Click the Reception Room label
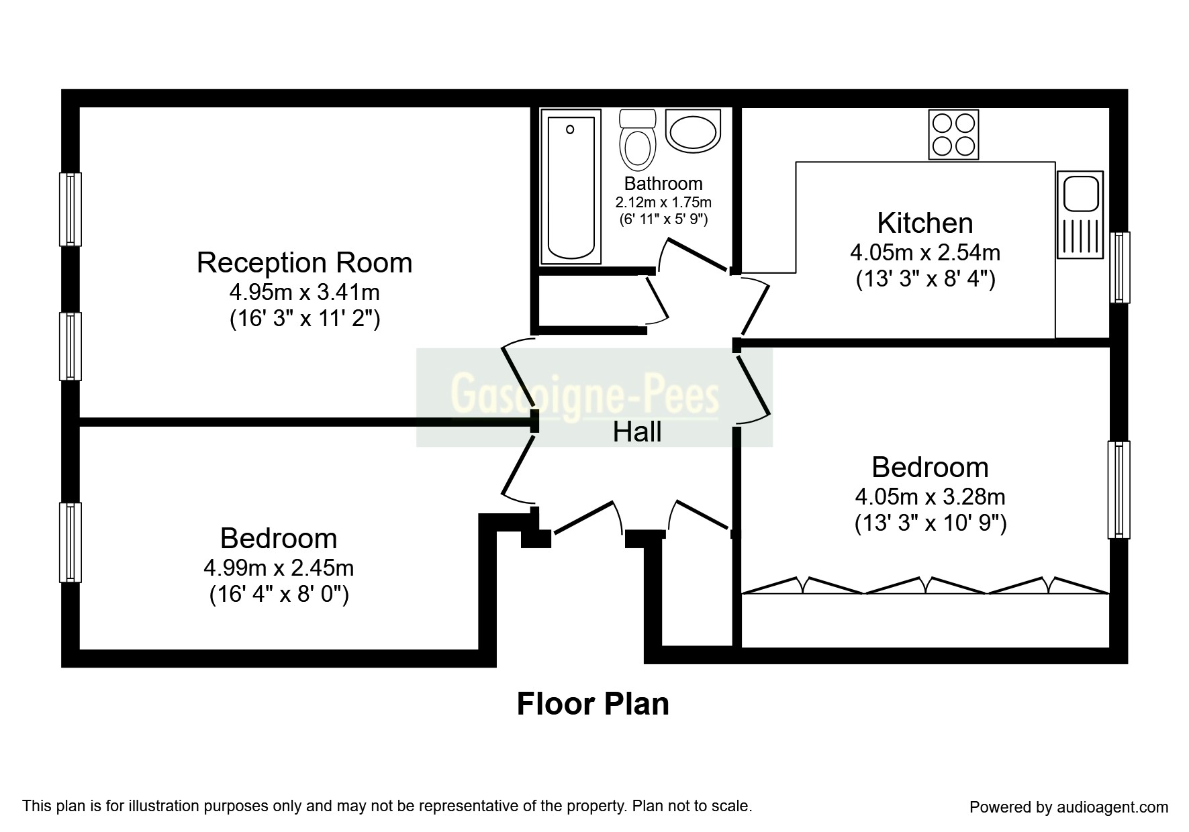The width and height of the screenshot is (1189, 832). pyautogui.click(x=304, y=262)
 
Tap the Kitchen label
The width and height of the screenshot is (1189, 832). pyautogui.click(x=925, y=223)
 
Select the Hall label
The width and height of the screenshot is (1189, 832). pyautogui.click(x=637, y=432)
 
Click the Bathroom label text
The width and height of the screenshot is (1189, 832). pyautogui.click(x=663, y=183)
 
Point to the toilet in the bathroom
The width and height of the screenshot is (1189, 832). pyautogui.click(x=637, y=140)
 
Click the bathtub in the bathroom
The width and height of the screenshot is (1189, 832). pyautogui.click(x=571, y=189)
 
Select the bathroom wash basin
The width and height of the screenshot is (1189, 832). pyautogui.click(x=693, y=130)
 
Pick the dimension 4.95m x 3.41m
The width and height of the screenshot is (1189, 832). pyautogui.click(x=304, y=293)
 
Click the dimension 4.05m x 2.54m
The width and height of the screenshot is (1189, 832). pyautogui.click(x=925, y=253)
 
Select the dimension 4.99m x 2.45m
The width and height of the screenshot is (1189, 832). pyautogui.click(x=279, y=568)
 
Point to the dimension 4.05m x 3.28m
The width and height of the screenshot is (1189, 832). pyautogui.click(x=930, y=497)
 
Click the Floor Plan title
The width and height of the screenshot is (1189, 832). pyautogui.click(x=593, y=705)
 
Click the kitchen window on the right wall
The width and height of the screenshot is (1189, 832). pyautogui.click(x=1119, y=267)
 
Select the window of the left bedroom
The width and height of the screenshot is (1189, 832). pyautogui.click(x=70, y=542)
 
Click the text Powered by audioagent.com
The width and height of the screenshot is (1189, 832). pyautogui.click(x=1069, y=807)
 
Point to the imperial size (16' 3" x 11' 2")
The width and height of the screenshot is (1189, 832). pyautogui.click(x=305, y=319)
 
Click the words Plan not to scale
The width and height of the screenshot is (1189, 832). pyautogui.click(x=693, y=805)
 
